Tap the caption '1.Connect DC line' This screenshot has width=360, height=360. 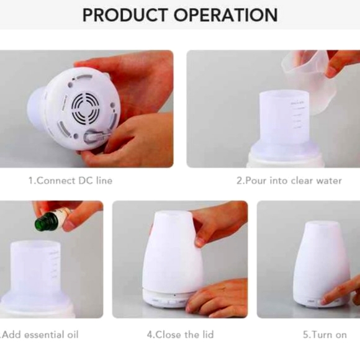tap(70, 181)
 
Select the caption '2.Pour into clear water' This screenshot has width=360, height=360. tap(289, 181)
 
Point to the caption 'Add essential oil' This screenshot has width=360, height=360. tap(40, 335)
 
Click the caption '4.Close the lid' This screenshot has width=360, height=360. tap(180, 335)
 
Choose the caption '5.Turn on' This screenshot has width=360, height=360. tap(325, 335)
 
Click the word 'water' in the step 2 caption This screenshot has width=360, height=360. tap(326, 181)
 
